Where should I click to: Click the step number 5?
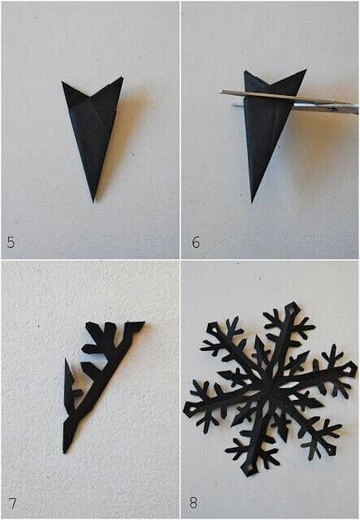(10, 241)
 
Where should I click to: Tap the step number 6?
(195, 241)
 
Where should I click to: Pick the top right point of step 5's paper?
(122, 78)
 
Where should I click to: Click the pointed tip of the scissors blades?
(220, 93)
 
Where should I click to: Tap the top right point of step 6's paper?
(306, 70)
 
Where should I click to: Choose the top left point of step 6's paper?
(245, 71)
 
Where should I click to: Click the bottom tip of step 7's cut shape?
(67, 452)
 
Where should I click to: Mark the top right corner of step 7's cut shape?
(143, 323)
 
